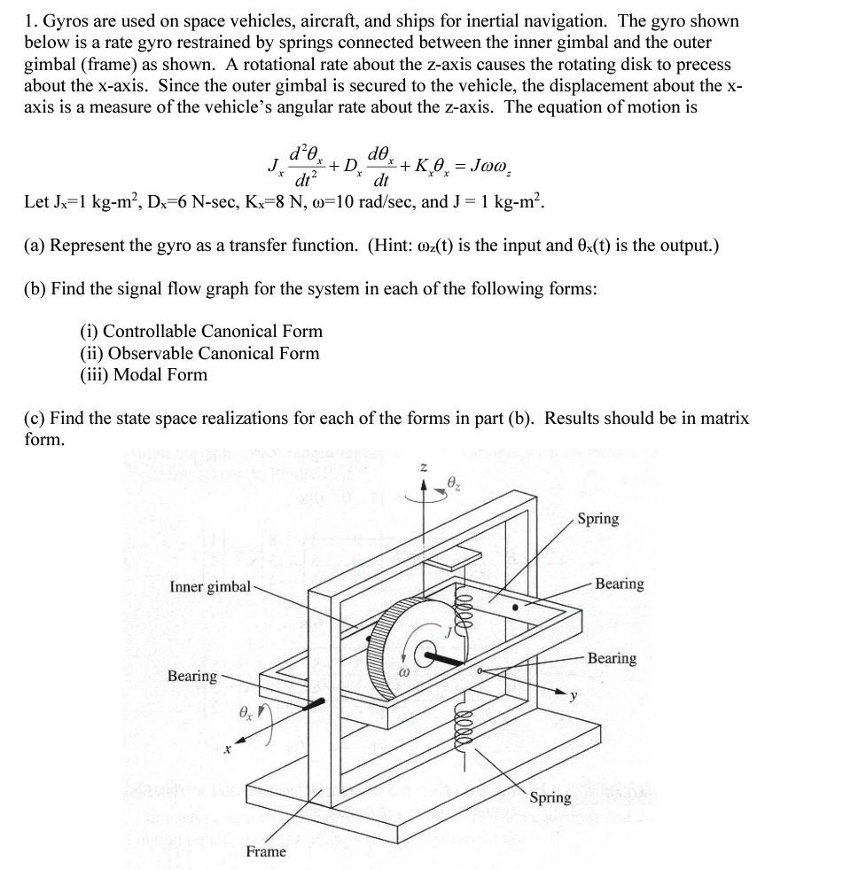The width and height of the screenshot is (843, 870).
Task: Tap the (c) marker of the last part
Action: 35,418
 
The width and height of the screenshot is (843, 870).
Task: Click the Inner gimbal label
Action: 210,586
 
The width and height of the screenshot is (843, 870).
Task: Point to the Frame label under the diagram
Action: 266,851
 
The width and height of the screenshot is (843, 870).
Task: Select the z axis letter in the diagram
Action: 423,466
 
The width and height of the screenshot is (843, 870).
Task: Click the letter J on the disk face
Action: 449,631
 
